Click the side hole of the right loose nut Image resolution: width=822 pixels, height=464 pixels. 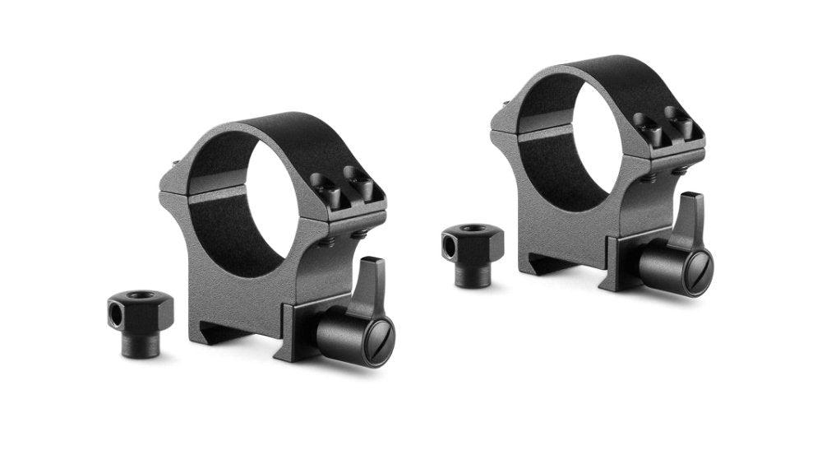(x=448, y=244)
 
